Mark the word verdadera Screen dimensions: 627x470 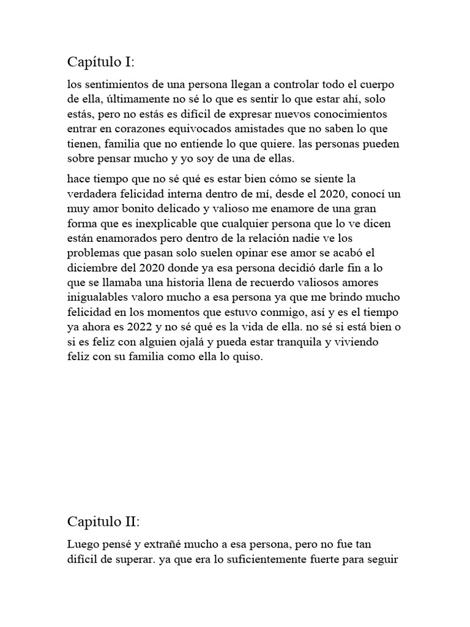tap(92, 194)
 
